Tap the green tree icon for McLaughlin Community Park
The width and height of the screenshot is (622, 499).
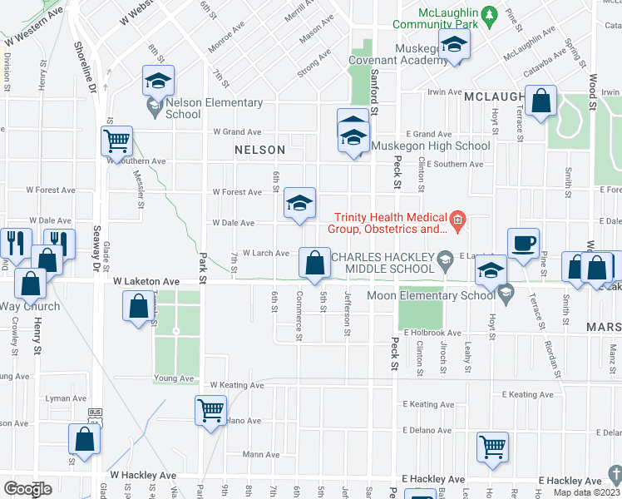click(490, 14)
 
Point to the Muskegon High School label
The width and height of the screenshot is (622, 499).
click(430, 146)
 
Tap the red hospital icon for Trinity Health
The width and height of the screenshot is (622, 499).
click(456, 220)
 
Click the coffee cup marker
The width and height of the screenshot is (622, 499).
click(523, 243)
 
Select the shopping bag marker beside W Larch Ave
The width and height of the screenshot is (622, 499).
click(314, 264)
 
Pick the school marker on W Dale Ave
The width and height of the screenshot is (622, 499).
click(299, 203)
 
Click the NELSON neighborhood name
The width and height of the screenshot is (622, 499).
click(259, 150)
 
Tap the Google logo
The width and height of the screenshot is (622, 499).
click(27, 488)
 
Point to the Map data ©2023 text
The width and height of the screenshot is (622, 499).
click(587, 492)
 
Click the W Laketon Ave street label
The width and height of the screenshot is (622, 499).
click(146, 282)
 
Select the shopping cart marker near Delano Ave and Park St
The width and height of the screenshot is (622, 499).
click(210, 409)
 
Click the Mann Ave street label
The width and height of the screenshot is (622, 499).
click(261, 455)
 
